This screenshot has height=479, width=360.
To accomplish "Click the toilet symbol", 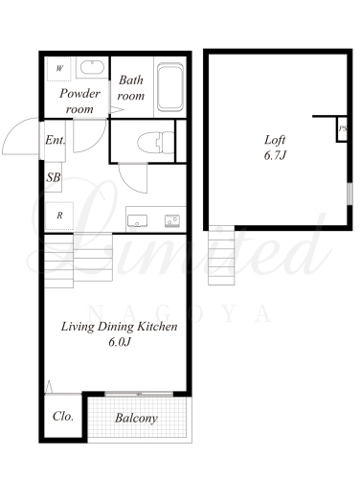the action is pyautogui.click(x=156, y=142).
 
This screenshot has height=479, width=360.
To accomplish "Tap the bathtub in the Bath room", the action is pyautogui.click(x=170, y=87).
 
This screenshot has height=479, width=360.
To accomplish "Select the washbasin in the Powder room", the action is pyautogui.click(x=92, y=67).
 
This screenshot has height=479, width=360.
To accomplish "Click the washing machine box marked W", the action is pyautogui.click(x=59, y=69).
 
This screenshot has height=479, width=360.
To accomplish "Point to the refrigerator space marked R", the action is pyautogui.click(x=59, y=216).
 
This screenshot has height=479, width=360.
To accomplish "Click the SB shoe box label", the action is pyautogui.click(x=54, y=177).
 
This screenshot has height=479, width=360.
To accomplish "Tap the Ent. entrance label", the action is pyautogui.click(x=56, y=140).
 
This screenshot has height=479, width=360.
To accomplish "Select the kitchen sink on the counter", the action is pyautogui.click(x=137, y=220).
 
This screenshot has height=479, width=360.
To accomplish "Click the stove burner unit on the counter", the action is pyautogui.click(x=172, y=220).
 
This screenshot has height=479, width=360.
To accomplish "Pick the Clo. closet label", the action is pyautogui.click(x=63, y=416).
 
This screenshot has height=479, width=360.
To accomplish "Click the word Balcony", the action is pyautogui.click(x=136, y=419).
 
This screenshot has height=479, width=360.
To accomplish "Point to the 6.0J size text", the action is pyautogui.click(x=120, y=342).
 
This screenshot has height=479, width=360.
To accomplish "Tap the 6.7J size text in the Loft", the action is pyautogui.click(x=275, y=155).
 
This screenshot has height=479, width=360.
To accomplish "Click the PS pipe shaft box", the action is pyautogui.click(x=342, y=129).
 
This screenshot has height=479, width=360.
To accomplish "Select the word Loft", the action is pyautogui.click(x=275, y=140).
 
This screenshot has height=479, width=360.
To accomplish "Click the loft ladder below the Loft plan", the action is pyautogui.click(x=221, y=256).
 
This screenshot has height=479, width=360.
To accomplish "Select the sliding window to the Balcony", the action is pyautogui.click(x=139, y=394).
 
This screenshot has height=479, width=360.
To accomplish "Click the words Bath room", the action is pyautogui.click(x=131, y=88).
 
